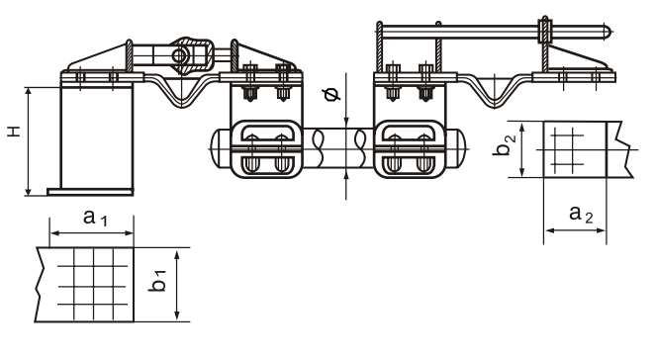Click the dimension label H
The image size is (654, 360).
click(x=15, y=132)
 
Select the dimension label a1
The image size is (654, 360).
click(x=95, y=218)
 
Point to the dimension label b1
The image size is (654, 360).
click(x=157, y=280)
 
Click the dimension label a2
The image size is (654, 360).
click(x=581, y=215)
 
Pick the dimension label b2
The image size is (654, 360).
click(x=504, y=144)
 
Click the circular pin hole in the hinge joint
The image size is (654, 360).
click(x=180, y=55)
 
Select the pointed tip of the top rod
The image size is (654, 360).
click(x=611, y=30)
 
